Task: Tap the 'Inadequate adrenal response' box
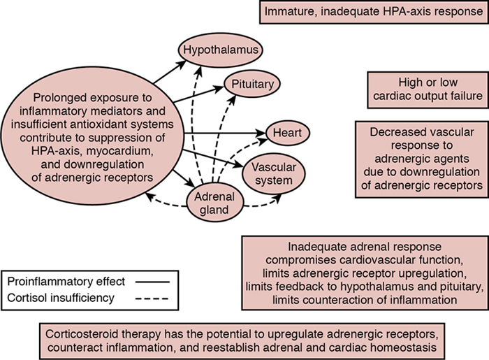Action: coord(364,273)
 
